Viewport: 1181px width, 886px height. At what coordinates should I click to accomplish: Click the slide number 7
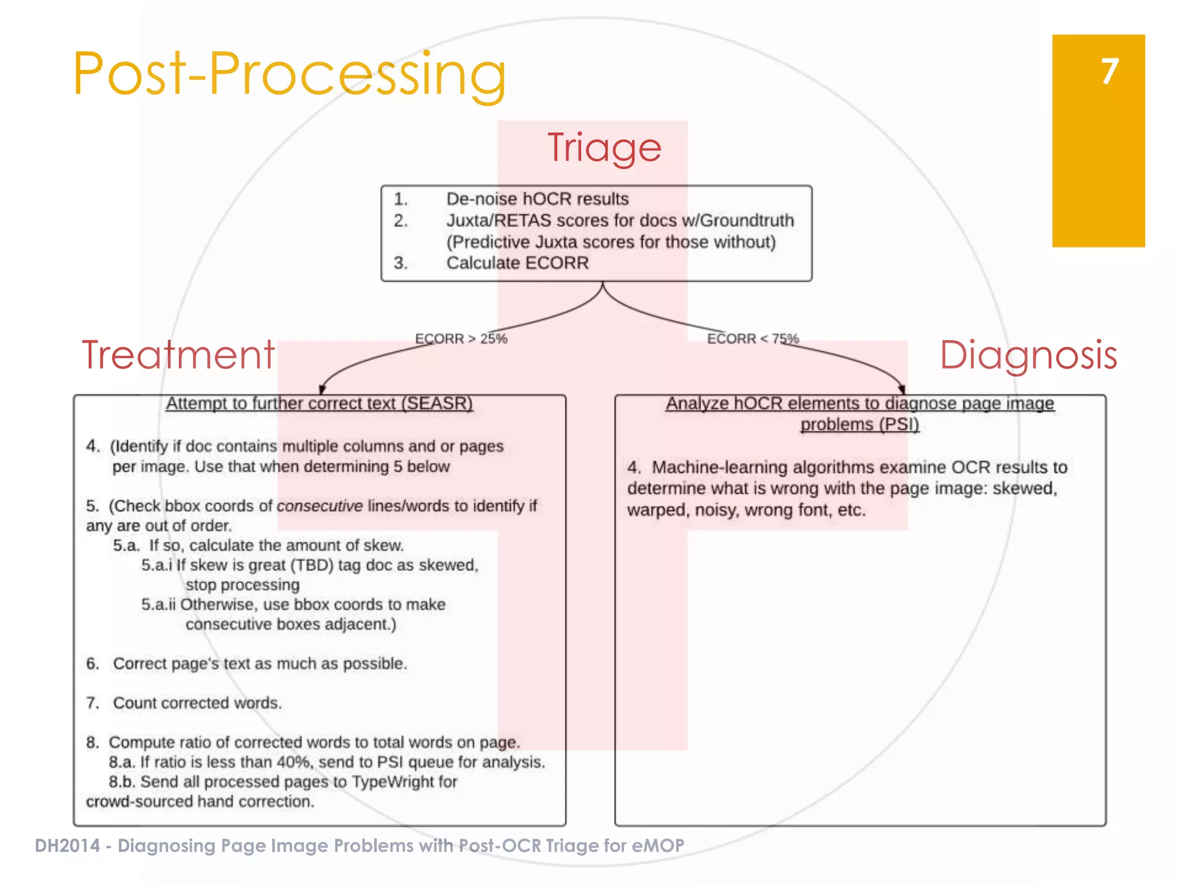pyautogui.click(x=1109, y=72)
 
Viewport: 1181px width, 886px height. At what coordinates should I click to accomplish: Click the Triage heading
pyautogui.click(x=604, y=148)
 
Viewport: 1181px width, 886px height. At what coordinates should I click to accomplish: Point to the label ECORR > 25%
pyautogui.click(x=461, y=339)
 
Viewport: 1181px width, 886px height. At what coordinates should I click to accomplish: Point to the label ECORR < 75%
pyautogui.click(x=753, y=339)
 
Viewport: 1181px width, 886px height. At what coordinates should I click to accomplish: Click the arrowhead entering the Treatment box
pyautogui.click(x=322, y=390)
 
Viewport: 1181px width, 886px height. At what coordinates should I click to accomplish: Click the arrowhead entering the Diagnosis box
pyautogui.click(x=901, y=390)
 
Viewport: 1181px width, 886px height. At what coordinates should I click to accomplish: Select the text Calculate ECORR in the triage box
pyautogui.click(x=517, y=263)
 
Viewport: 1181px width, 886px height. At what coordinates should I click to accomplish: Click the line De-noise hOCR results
pyautogui.click(x=537, y=199)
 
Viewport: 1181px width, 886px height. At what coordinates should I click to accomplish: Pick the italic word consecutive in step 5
pyautogui.click(x=319, y=506)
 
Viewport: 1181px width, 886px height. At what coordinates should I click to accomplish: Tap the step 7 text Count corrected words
pyautogui.click(x=197, y=703)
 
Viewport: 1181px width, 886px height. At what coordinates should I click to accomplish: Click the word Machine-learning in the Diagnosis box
pyautogui.click(x=719, y=467)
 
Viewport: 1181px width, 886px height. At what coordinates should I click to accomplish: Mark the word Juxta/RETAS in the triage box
pyautogui.click(x=498, y=220)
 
